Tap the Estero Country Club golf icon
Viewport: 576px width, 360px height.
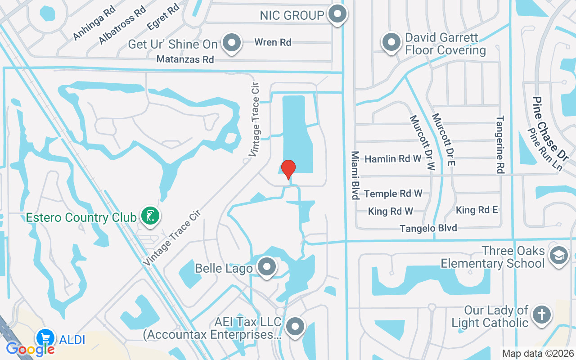point(150,216)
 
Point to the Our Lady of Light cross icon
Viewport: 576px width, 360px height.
point(541,315)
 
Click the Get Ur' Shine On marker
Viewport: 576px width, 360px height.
point(232,43)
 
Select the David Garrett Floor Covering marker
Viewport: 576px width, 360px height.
point(391,43)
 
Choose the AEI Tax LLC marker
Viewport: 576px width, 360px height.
point(295,327)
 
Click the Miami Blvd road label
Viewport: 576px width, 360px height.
point(355,175)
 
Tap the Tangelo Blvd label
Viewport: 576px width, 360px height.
point(428,228)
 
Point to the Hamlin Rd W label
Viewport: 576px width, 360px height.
point(393,159)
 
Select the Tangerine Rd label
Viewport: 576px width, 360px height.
point(500,144)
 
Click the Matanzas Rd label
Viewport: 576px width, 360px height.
point(185,59)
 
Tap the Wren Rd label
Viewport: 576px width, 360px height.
point(273,42)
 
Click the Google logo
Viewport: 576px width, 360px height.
point(30,348)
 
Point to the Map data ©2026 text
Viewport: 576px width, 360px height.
point(538,353)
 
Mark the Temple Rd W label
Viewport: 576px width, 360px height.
point(393,193)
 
